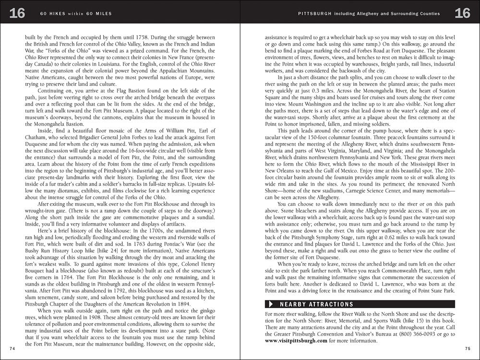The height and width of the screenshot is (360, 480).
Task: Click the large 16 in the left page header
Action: point(17,13)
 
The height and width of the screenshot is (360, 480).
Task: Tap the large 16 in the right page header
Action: point(463,13)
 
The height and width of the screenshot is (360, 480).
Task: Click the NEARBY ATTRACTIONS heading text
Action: point(316,304)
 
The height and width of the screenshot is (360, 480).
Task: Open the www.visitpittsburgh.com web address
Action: point(296,341)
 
